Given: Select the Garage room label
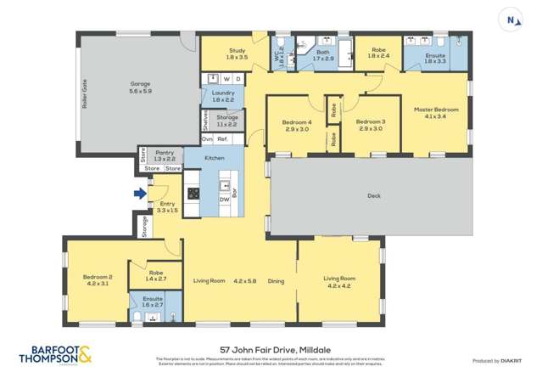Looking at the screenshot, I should [x=140, y=85].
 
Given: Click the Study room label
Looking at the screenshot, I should [x=237, y=54].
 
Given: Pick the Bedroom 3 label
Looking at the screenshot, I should [x=371, y=125].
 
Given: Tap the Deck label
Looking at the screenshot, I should [x=374, y=195].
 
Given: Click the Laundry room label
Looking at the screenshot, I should [x=223, y=96].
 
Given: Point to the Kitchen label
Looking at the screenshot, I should [x=214, y=159].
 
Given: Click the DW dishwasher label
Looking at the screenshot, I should [x=224, y=200].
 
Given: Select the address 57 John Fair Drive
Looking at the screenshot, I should [x=271, y=349].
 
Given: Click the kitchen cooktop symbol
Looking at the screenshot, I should [x=193, y=193].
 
